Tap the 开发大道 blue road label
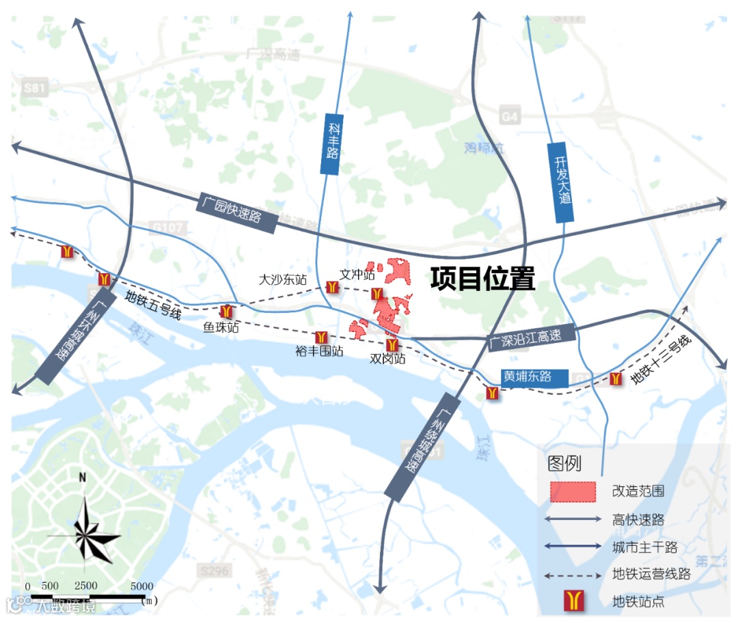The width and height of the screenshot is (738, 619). pos(561,182)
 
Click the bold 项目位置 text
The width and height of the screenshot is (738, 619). pos(482,279)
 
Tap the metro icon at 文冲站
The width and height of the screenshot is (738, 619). pos(377,294)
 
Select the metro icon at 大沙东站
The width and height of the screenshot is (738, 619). pos(331,288)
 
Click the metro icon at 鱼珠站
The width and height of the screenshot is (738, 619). pos(226,311)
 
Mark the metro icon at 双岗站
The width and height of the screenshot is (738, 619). pos(392,345)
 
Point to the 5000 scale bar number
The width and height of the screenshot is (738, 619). pos(141,586)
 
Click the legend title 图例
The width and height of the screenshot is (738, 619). pos(564,463)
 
